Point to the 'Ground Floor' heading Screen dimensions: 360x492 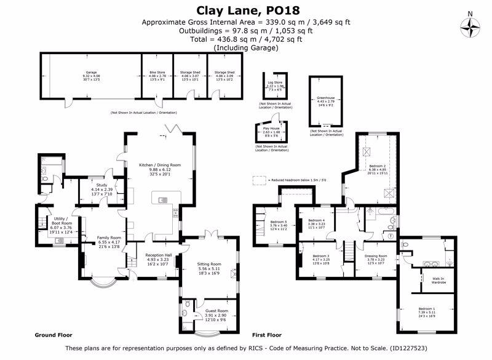54,335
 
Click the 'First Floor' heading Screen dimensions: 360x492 266,335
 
